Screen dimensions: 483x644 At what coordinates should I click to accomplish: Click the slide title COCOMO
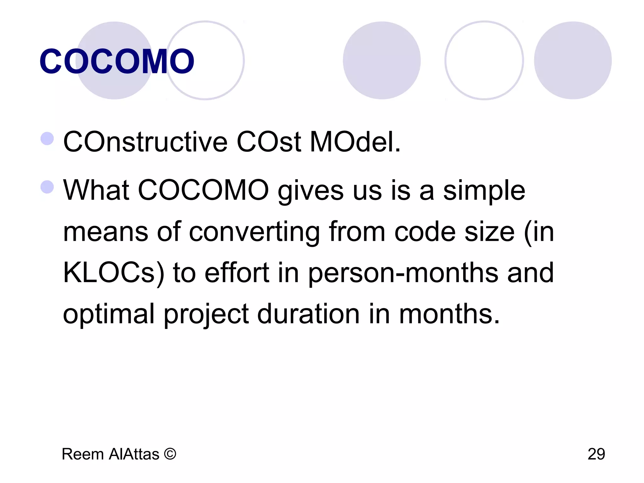[117, 62]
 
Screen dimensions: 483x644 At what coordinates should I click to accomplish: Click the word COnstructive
[145, 142]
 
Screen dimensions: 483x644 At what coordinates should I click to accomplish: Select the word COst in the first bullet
[269, 142]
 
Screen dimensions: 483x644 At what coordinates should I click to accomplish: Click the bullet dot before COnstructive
[47, 138]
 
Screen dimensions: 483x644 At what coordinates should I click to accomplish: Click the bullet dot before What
[47, 187]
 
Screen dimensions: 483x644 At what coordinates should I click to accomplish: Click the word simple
[484, 191]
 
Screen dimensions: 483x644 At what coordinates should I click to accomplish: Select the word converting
[254, 232]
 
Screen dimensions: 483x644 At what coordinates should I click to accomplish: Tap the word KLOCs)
[114, 273]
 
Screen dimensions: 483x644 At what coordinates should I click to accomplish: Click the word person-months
[403, 273]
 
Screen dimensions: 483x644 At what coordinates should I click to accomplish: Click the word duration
[308, 314]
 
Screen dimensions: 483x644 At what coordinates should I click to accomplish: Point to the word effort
[237, 273]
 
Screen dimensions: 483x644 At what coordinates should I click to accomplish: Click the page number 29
[596, 454]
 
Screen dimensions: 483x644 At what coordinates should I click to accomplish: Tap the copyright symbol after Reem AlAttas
[170, 454]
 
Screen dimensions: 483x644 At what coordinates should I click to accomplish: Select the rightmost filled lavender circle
[573, 60]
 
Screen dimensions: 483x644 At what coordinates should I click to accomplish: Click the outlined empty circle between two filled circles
[484, 60]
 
